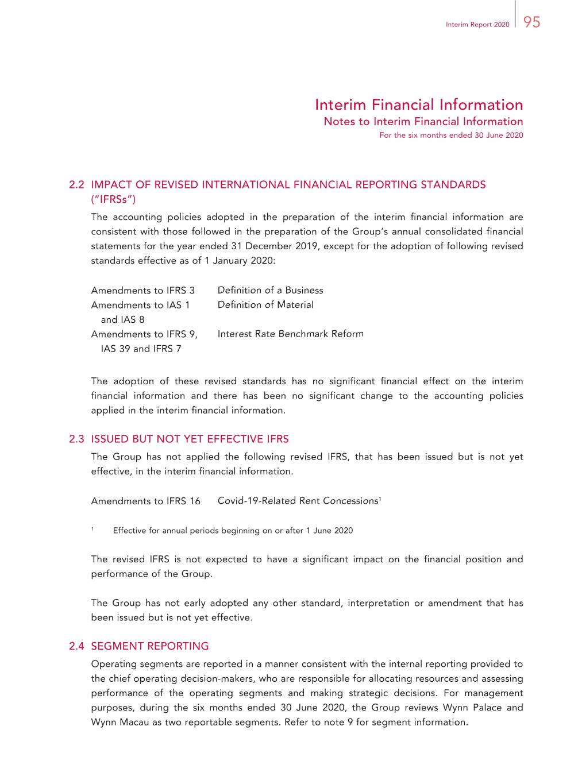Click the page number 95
point(532,22)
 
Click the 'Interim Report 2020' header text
point(477,25)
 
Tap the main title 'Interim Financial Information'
point(419,105)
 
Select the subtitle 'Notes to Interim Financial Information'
point(423,121)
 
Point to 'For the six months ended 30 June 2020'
point(451,136)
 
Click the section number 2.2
point(76,185)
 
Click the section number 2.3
point(76,439)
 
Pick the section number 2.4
point(76,646)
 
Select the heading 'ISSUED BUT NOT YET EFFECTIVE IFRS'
point(190,439)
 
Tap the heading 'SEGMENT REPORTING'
point(150,646)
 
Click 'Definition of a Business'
point(270,291)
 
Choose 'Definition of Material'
point(265,305)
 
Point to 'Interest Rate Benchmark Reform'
point(290,334)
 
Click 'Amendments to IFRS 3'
point(142,291)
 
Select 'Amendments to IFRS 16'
point(145,501)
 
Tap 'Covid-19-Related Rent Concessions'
point(298,501)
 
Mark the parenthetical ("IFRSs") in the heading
point(113,199)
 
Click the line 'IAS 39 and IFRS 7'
point(141,349)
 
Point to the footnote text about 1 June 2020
point(233,531)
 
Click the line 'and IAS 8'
point(122,320)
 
